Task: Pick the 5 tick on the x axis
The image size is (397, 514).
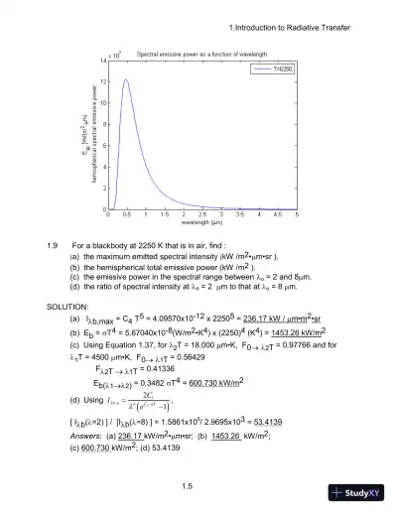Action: click(x=297, y=215)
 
